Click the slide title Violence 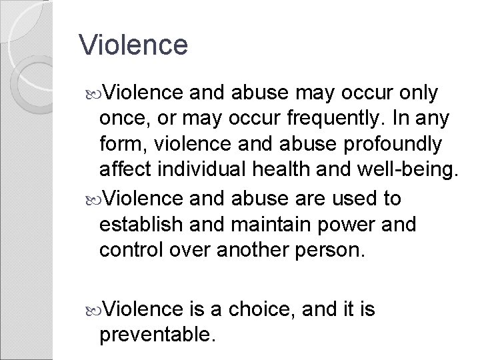[133, 45]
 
